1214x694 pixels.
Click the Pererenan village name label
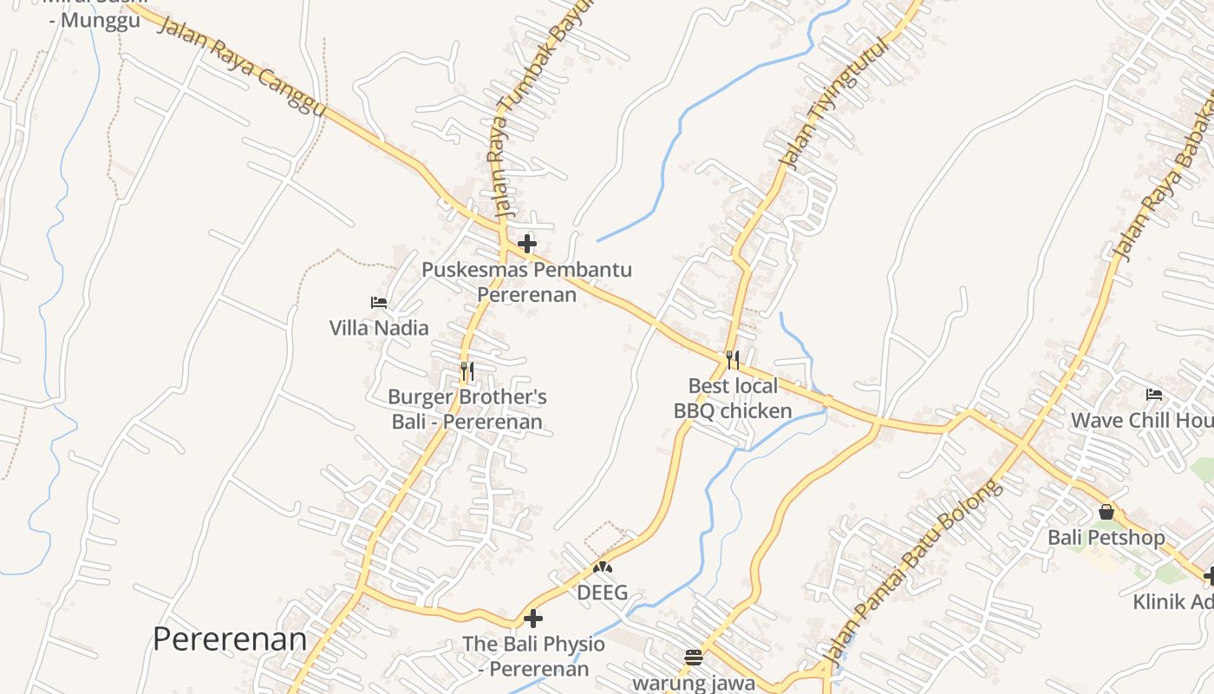[x=230, y=639]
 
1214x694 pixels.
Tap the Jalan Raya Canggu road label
[x=242, y=64]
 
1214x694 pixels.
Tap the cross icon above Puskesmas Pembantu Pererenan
[x=526, y=244]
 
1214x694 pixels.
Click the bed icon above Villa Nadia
[x=379, y=303]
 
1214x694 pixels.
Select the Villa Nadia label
[x=379, y=328]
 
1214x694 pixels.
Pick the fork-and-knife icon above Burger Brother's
[x=467, y=372]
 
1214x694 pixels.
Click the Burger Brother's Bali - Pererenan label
[x=467, y=409]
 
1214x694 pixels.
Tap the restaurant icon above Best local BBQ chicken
[x=733, y=359]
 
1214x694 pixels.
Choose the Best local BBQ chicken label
[x=733, y=398]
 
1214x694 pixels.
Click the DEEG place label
[x=602, y=594]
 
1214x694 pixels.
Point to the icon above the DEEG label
[x=602, y=568]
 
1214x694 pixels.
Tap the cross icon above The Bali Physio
[x=533, y=619]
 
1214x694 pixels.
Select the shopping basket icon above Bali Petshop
[x=1106, y=512]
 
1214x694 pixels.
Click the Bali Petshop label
[x=1106, y=538]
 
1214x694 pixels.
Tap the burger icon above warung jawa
[x=693, y=657]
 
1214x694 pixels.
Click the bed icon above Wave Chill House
[x=1154, y=395]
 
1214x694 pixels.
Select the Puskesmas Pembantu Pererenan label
[x=527, y=282]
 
